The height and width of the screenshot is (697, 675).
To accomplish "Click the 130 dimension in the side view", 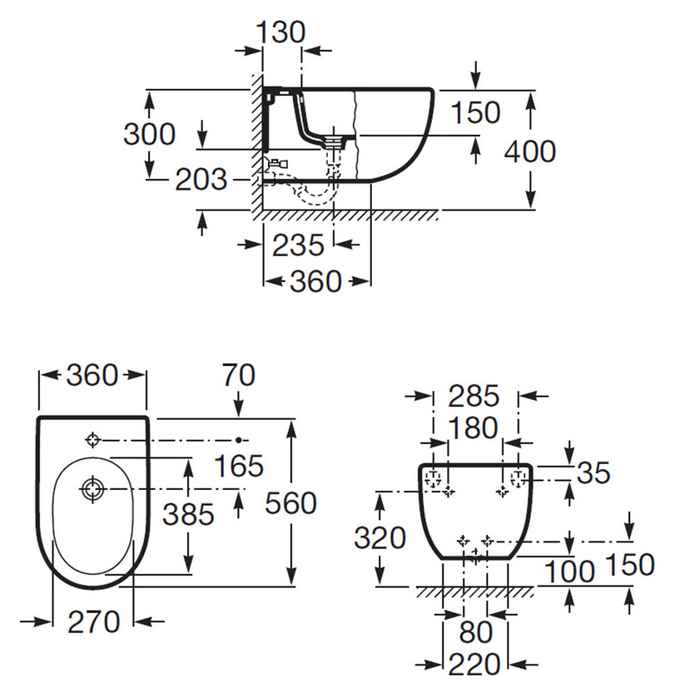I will pyautogui.click(x=281, y=33).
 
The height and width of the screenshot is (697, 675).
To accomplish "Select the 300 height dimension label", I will pyautogui.click(x=150, y=134).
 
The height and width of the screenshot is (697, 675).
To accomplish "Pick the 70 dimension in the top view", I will pyautogui.click(x=240, y=377).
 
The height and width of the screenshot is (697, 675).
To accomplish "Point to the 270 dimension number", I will pyautogui.click(x=94, y=620).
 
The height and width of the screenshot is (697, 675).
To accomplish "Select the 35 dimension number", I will pyautogui.click(x=593, y=472).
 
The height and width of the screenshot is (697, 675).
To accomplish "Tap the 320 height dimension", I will pyautogui.click(x=380, y=538).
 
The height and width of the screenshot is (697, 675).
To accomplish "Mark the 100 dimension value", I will pyautogui.click(x=571, y=571).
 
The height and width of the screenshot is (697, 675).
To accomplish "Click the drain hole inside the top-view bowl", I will pyautogui.click(x=91, y=487).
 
